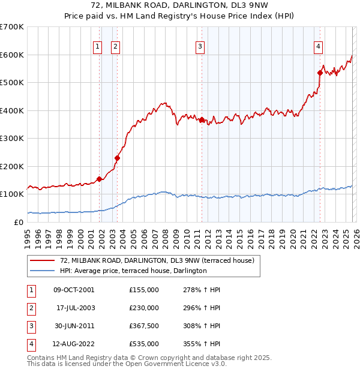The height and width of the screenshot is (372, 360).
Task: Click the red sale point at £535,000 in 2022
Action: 320,73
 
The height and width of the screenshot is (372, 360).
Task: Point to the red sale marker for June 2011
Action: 202,119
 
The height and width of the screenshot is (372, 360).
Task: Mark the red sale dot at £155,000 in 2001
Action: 99,178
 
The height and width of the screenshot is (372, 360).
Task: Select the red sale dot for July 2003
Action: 118,158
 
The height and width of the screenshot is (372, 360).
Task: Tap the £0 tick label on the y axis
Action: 18,222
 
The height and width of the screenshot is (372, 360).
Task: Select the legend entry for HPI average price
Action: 133,271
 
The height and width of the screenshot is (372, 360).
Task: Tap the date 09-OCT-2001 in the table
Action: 73,290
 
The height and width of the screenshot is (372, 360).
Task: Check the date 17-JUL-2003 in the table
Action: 75,308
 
